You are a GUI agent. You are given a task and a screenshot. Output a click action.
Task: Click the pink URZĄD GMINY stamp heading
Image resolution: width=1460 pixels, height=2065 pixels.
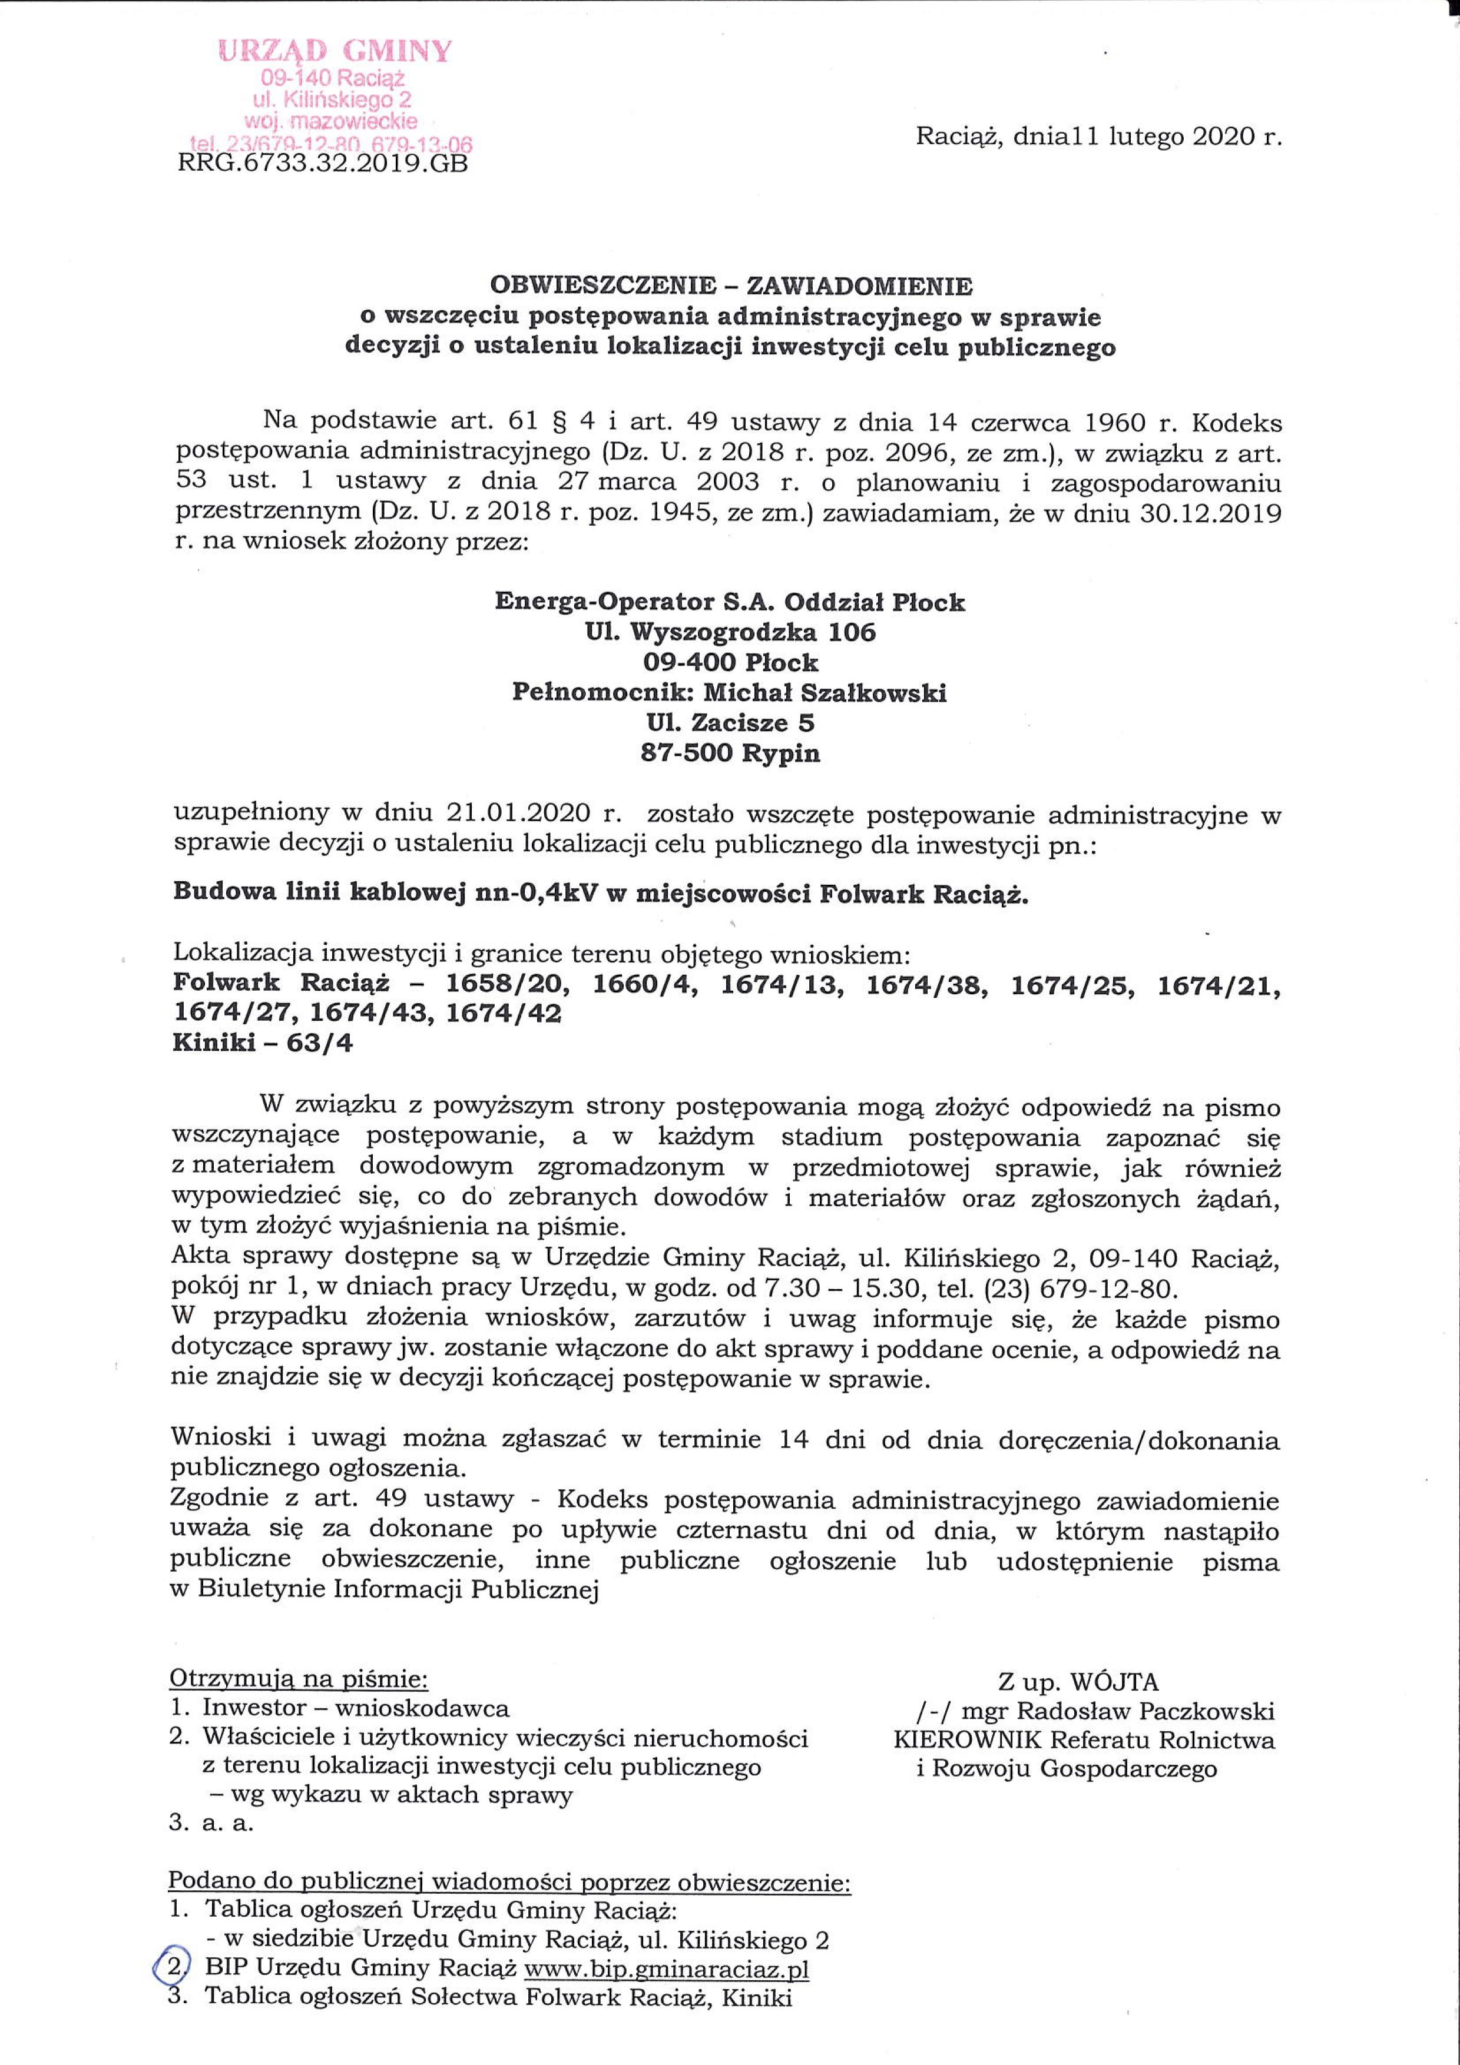[x=335, y=51]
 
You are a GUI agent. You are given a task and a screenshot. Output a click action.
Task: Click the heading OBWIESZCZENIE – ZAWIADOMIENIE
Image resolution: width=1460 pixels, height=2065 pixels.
[x=730, y=286]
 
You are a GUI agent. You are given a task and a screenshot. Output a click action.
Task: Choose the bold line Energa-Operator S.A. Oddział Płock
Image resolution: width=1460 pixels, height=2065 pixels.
[x=730, y=601]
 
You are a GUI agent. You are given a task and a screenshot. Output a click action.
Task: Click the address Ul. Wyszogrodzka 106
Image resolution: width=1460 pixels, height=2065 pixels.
[x=730, y=632]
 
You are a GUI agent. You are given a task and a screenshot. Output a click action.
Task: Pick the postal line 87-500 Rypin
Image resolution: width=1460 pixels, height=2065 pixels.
[x=730, y=753]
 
